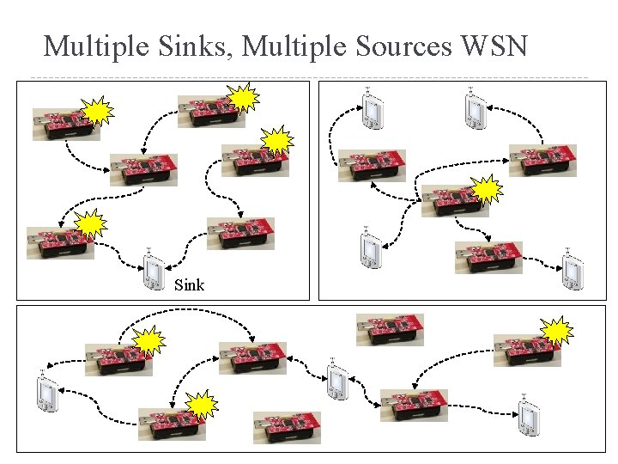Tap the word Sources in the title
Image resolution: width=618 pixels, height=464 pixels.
pyautogui.click(x=400, y=46)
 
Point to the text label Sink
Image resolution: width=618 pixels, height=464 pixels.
pyautogui.click(x=189, y=284)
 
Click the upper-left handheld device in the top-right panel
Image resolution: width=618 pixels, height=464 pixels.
pyautogui.click(x=372, y=110)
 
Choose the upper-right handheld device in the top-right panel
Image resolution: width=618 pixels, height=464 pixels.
pyautogui.click(x=473, y=108)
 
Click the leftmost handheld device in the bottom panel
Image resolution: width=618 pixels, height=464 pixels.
pyautogui.click(x=46, y=394)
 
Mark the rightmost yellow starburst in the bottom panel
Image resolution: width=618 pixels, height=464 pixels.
pyautogui.click(x=557, y=331)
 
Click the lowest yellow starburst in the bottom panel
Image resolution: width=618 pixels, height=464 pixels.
pyautogui.click(x=201, y=405)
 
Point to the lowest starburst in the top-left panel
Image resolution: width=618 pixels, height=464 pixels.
pyautogui.click(x=90, y=224)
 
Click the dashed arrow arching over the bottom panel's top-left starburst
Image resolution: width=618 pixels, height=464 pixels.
pyautogui.click(x=189, y=311)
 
